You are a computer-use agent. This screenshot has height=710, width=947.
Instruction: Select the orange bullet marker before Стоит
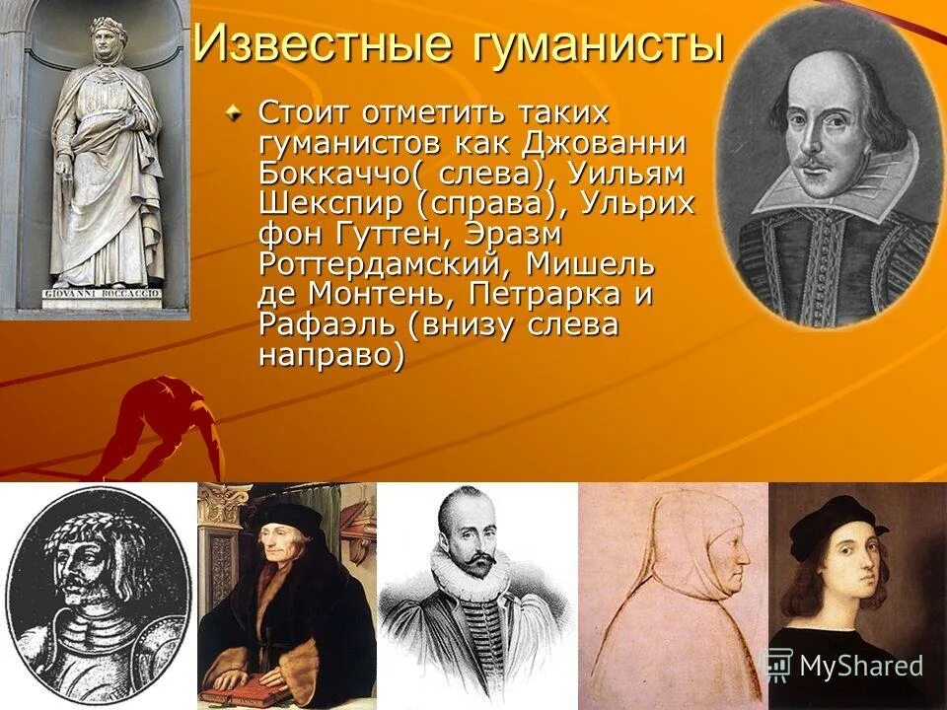click(234, 114)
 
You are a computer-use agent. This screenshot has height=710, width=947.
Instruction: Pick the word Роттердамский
click(384, 265)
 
